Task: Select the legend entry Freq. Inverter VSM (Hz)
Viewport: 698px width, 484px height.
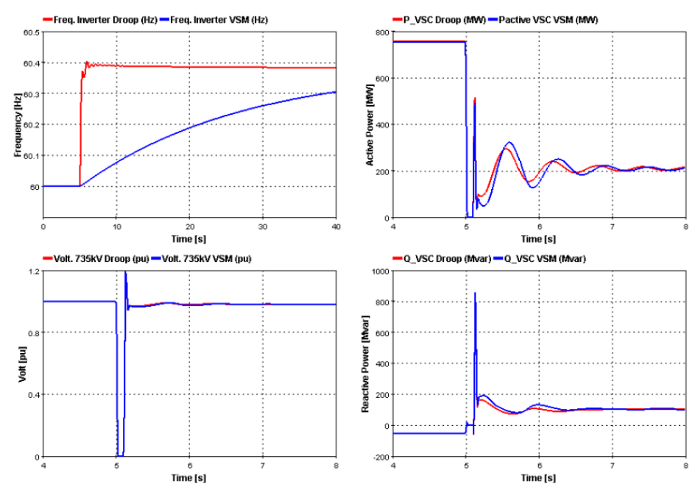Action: pos(219,20)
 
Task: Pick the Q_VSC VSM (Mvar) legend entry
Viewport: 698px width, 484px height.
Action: pos(546,258)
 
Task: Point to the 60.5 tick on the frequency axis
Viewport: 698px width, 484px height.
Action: pos(32,32)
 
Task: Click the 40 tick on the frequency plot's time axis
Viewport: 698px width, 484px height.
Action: pos(336,227)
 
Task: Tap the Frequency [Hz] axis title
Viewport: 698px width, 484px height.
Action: pos(17,124)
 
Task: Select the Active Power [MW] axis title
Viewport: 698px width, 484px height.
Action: pos(370,124)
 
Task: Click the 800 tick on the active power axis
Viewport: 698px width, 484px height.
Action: pos(381,32)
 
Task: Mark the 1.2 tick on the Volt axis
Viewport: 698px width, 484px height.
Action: pos(33,271)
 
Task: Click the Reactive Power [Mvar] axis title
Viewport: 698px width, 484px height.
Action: pos(366,364)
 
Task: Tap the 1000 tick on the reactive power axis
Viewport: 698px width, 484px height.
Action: pos(379,271)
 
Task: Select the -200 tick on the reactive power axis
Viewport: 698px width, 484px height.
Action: pos(381,457)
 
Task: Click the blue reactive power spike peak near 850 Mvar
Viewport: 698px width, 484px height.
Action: pos(474,293)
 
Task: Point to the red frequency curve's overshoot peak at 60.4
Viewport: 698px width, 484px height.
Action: pos(87,62)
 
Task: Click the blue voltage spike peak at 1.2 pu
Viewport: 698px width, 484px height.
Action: pos(126,272)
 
